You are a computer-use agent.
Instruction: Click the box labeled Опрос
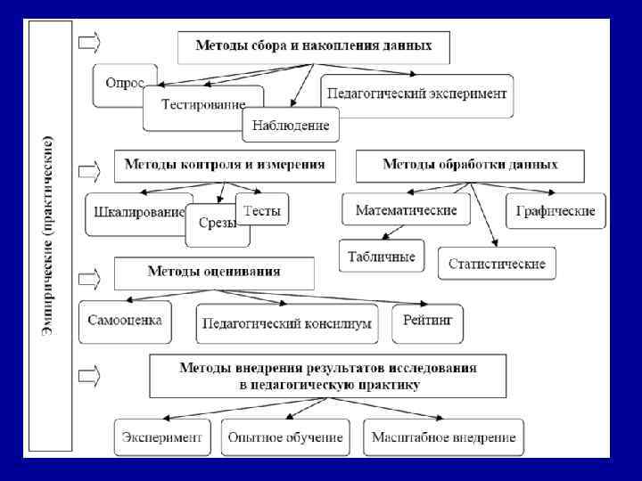(125, 82)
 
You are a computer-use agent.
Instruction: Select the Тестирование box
(202, 105)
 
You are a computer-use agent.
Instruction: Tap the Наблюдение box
(291, 126)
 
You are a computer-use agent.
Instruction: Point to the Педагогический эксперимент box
(417, 94)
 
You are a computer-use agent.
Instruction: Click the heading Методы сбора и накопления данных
(313, 46)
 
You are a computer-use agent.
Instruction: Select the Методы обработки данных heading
(470, 165)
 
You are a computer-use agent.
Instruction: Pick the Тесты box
(262, 211)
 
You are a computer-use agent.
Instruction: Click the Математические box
(407, 210)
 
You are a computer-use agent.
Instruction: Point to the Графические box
(556, 212)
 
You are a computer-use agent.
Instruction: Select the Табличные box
(382, 257)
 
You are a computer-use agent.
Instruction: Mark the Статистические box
(497, 264)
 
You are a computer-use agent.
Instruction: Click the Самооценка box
(125, 319)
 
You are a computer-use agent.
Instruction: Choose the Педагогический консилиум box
(286, 324)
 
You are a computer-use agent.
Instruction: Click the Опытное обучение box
(285, 437)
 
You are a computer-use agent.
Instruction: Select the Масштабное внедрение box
(444, 437)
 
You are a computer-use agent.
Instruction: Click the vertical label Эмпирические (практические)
(50, 235)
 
